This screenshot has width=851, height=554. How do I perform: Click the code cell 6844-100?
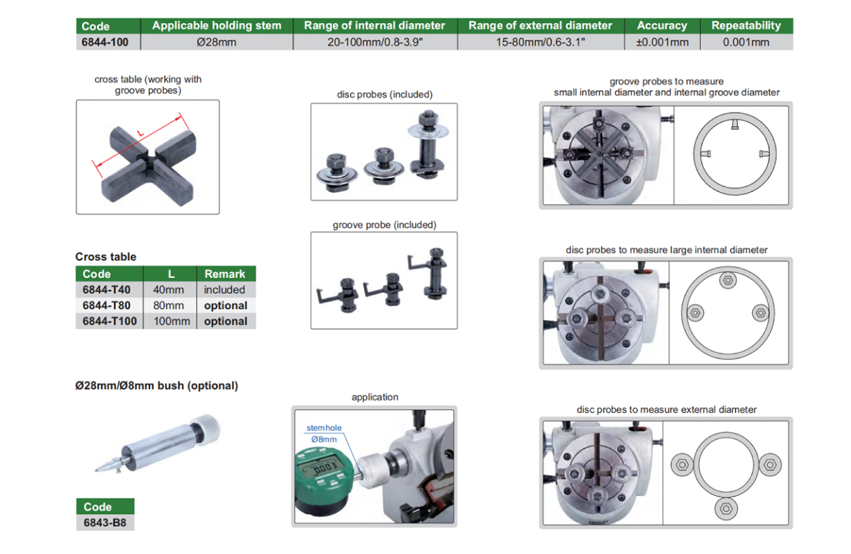click(x=105, y=42)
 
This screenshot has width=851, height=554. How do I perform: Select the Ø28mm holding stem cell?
click(x=217, y=42)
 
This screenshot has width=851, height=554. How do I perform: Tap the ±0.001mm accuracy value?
click(x=662, y=42)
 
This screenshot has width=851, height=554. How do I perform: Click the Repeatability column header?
click(x=746, y=25)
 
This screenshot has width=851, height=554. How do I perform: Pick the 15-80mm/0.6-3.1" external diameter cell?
click(x=540, y=42)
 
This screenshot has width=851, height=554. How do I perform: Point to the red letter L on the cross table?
click(x=140, y=133)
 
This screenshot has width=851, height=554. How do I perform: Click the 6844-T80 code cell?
click(x=106, y=305)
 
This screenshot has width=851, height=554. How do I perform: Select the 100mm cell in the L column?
click(x=172, y=321)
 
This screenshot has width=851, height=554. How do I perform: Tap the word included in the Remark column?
click(x=224, y=290)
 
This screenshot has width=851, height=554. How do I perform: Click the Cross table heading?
click(x=106, y=257)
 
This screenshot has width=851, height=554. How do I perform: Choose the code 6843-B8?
click(x=105, y=523)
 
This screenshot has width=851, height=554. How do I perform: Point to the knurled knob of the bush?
click(x=205, y=430)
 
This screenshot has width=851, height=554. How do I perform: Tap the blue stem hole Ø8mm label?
click(x=324, y=434)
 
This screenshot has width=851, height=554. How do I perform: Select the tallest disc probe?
click(x=428, y=145)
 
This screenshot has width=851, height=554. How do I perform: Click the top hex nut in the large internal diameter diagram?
click(x=728, y=281)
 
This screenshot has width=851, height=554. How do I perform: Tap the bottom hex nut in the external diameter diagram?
click(x=726, y=509)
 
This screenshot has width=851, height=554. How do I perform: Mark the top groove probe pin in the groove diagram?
click(x=735, y=124)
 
